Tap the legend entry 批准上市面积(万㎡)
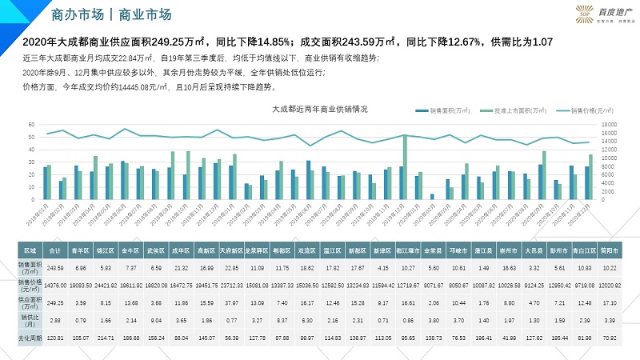click(505, 111)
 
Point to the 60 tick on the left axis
click(31, 125)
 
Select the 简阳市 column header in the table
click(609, 250)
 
